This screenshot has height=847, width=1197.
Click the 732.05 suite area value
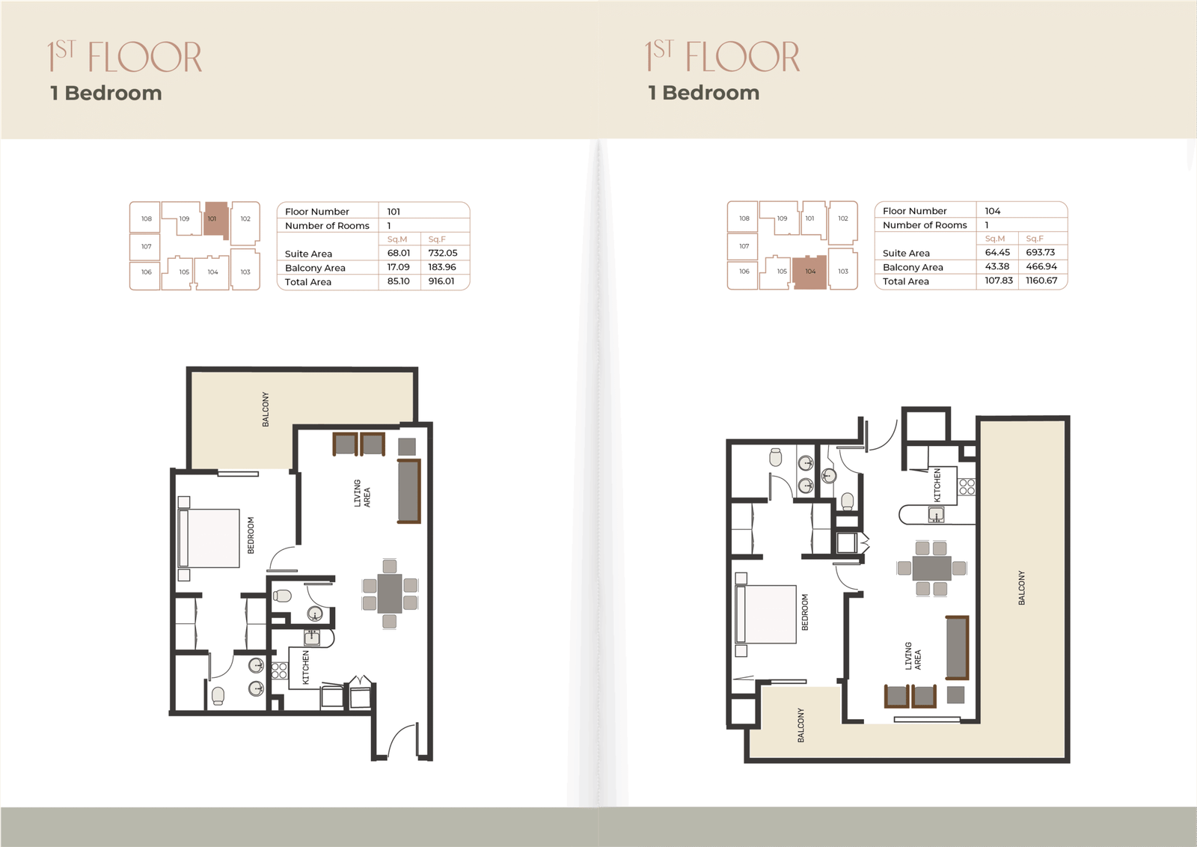[x=442, y=253]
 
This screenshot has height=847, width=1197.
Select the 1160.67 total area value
[x=1041, y=280]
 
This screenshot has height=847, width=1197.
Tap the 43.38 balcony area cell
[x=997, y=266]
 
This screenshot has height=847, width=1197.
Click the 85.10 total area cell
[x=399, y=281]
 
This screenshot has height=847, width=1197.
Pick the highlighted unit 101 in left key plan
[x=216, y=219]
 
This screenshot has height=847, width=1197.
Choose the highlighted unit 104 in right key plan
[x=810, y=272]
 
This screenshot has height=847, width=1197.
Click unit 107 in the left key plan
[x=145, y=246]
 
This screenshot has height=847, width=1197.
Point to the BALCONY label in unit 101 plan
[x=266, y=409]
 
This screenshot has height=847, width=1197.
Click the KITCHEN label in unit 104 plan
[x=937, y=485]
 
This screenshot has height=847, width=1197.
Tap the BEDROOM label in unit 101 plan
[x=251, y=535]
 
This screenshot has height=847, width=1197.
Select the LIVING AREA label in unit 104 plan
[x=913, y=656]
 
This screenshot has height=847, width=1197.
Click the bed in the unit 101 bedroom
[x=209, y=538]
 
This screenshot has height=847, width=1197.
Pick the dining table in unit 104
[x=932, y=568]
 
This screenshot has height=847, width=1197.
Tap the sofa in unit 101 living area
[x=408, y=491]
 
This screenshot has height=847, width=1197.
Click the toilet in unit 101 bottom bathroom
[x=218, y=695]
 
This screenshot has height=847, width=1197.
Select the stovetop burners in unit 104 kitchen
[x=967, y=486]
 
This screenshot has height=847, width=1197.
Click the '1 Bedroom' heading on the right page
[x=704, y=93]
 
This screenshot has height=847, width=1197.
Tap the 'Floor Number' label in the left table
[x=317, y=212]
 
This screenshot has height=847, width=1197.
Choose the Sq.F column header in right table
[x=1035, y=239]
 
